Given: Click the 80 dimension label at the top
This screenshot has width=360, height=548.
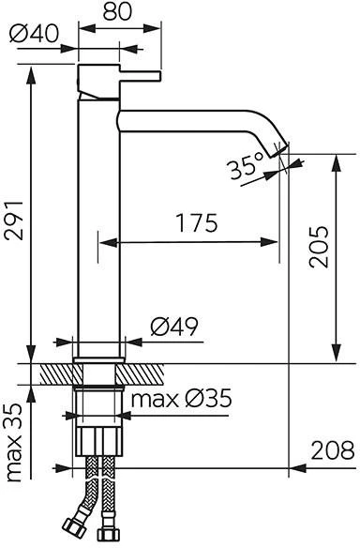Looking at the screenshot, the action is click(x=118, y=11).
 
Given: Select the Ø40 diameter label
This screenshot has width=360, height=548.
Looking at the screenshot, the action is click(x=34, y=34).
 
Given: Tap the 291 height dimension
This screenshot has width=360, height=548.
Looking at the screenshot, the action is click(x=14, y=221).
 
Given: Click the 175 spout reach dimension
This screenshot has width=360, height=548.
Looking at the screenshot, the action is click(x=197, y=223).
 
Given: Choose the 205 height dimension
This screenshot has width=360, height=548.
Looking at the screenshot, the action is click(x=319, y=247).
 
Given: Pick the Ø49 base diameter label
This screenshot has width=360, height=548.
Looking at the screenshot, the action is click(x=174, y=327).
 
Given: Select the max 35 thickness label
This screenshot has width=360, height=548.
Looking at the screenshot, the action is click(x=14, y=443).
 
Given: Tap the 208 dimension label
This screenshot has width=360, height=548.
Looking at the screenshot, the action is click(x=333, y=450).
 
